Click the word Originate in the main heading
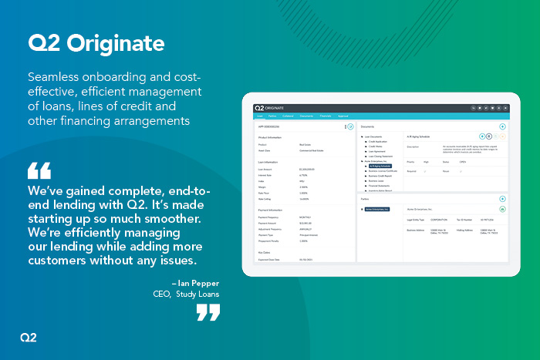117,44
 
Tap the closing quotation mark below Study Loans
208,311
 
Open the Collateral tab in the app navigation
287,116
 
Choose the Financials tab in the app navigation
326,116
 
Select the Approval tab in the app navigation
344,116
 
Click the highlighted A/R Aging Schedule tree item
380,165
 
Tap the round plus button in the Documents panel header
502,126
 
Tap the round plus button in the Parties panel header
502,199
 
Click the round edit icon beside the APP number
350,126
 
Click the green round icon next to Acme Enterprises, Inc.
502,209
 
